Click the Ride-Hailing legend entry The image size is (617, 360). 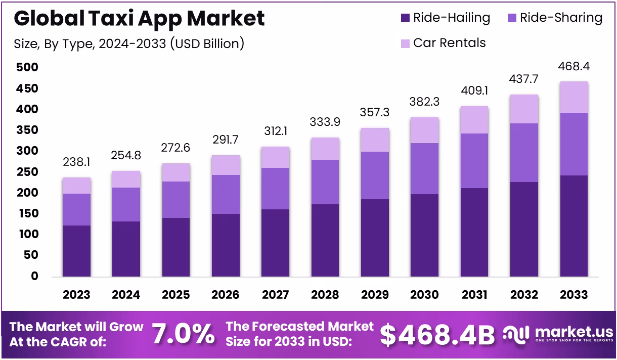[445, 18]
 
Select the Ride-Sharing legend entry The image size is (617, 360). [554, 18]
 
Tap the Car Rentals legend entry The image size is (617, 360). [443, 43]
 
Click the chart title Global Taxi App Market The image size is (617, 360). [139, 19]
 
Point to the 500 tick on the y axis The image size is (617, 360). [27, 67]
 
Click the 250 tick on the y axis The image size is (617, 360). [27, 172]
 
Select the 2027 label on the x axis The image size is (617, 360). [275, 294]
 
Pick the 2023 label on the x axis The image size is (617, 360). [76, 294]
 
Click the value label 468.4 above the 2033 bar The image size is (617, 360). [574, 67]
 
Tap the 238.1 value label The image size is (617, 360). [76, 162]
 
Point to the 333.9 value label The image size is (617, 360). [325, 122]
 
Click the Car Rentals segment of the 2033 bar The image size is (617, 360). [574, 97]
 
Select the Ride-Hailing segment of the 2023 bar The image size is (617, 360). [76, 251]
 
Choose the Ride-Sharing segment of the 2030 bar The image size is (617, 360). [424, 168]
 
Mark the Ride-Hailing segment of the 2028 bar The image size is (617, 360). [325, 241]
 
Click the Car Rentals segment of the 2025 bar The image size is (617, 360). [175, 172]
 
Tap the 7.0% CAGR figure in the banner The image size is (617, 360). [183, 334]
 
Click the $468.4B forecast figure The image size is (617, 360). [437, 334]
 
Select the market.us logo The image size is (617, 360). [558, 334]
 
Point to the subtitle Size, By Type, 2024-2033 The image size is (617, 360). [129, 43]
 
